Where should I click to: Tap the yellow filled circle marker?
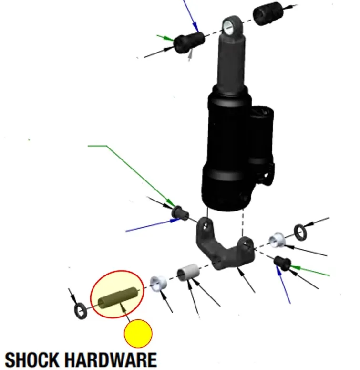[x=138, y=334]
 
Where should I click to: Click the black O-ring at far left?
[x=82, y=311]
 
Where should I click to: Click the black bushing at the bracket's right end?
[x=283, y=262]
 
